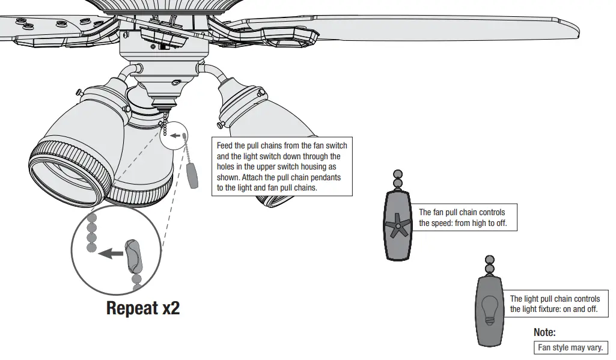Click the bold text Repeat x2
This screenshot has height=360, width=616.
click(142, 308)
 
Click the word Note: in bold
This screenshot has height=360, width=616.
click(544, 332)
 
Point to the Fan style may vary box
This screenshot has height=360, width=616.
click(570, 347)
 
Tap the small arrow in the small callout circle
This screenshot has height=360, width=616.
click(175, 136)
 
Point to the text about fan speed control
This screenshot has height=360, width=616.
click(462, 218)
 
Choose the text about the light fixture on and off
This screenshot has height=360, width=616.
click(554, 304)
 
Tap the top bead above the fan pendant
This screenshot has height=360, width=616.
click(397, 173)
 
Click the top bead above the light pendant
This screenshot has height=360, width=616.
click(489, 260)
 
